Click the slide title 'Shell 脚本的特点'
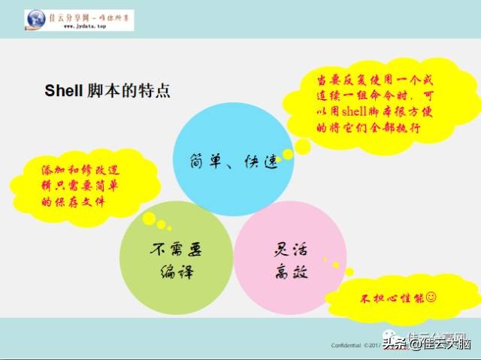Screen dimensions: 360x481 click(107, 91)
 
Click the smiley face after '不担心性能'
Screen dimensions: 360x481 click(431, 297)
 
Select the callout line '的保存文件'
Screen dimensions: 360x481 click(74, 202)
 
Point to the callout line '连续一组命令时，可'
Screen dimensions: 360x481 click(366, 95)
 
